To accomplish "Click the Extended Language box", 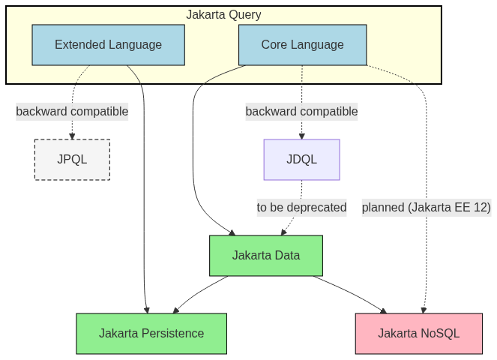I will (108, 45).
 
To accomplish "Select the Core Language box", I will (302, 45).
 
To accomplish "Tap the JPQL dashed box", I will (72, 159).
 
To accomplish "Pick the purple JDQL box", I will (301, 159).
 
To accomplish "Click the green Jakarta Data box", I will (265, 256).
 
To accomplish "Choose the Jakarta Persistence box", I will (151, 334).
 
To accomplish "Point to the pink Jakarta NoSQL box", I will (418, 334).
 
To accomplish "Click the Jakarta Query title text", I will (223, 14).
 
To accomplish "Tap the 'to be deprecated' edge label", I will (301, 208).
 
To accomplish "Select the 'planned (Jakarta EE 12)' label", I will (426, 208).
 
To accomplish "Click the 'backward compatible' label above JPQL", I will (72, 112).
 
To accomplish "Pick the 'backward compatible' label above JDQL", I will (301, 112).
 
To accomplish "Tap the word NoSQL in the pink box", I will (439, 334).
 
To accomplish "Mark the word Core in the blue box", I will (274, 45).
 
